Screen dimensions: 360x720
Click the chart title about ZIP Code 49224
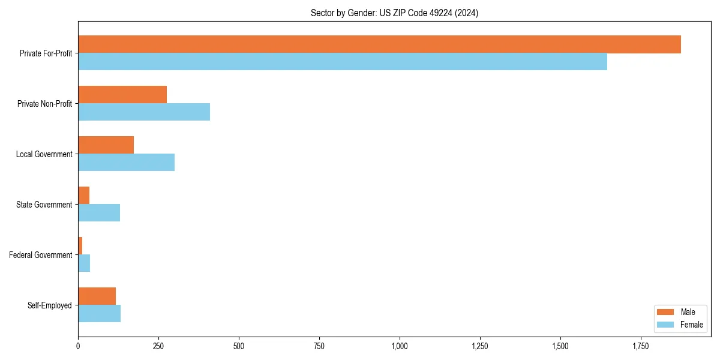[x=394, y=13]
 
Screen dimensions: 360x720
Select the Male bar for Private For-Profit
[x=379, y=44]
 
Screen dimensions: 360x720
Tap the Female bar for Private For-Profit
[x=343, y=62]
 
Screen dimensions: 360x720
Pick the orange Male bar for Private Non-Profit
[x=122, y=95]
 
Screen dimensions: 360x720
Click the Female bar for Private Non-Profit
[x=144, y=112]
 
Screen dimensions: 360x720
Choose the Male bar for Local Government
[x=106, y=145]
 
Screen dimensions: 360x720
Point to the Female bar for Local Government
[x=126, y=163]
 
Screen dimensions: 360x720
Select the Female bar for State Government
[x=99, y=213]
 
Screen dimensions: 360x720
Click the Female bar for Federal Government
[x=84, y=263]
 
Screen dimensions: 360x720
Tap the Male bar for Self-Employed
[x=97, y=296]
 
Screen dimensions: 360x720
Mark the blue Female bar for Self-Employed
[x=99, y=314]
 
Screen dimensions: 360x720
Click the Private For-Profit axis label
[x=46, y=53]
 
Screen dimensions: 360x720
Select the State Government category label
[x=44, y=205]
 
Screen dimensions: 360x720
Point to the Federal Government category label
[x=40, y=255]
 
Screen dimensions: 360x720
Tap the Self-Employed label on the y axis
[x=49, y=305]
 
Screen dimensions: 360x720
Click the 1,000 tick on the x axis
[x=400, y=346]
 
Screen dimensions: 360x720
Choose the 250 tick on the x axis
[x=158, y=346]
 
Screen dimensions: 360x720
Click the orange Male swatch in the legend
[x=666, y=312]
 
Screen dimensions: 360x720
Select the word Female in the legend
[x=691, y=325]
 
